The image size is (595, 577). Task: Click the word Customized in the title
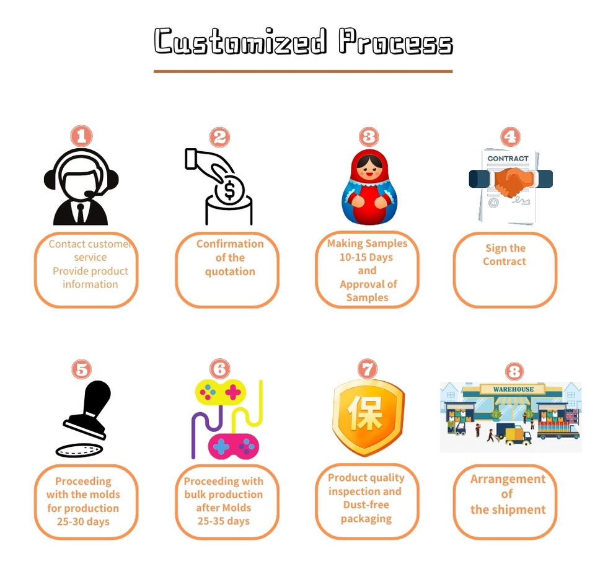point(240,42)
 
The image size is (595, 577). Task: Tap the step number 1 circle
point(81,136)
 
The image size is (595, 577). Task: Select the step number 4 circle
point(510,137)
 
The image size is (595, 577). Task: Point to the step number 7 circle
point(368,369)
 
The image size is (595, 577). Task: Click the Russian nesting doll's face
point(369,167)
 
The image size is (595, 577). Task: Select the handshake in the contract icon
point(511,182)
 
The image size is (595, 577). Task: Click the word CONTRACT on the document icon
point(508,159)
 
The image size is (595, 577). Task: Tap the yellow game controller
point(220,391)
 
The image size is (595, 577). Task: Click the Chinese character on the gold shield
point(368,414)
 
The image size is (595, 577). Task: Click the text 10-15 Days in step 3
point(366,257)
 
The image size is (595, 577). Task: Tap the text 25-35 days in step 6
point(223,521)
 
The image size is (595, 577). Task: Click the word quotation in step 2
point(230,271)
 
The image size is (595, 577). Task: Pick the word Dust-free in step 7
point(366,505)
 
